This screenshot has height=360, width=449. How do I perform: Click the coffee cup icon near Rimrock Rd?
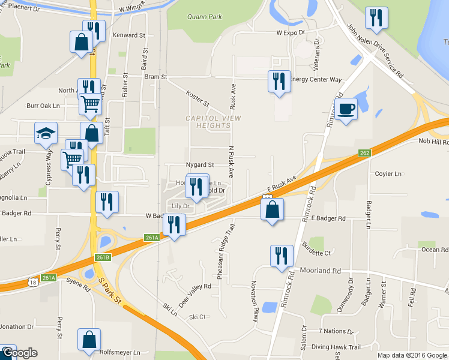tap(346, 110)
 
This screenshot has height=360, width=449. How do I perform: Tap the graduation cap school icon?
tap(46, 134)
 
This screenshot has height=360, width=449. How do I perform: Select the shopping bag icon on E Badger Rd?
tap(272, 210)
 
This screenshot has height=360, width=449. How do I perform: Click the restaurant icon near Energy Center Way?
tap(279, 80)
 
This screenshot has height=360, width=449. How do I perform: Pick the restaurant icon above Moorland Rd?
tap(281, 256)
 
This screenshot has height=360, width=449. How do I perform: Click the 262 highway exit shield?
tap(364, 153)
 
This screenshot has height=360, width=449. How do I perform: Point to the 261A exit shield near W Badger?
tap(152, 238)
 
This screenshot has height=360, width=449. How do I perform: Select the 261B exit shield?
tap(103, 257)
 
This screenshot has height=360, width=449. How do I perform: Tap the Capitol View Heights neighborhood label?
tap(213, 122)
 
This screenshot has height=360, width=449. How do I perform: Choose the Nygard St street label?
tap(199, 164)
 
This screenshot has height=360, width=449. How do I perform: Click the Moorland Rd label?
tap(321, 271)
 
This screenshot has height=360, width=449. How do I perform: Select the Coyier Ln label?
tap(388, 174)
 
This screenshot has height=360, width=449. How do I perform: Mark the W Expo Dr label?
tap(291, 32)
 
